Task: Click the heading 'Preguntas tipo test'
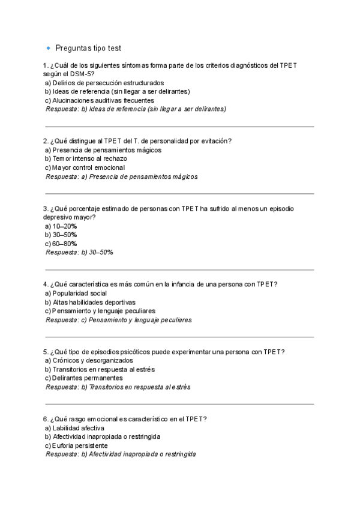[x=88, y=48]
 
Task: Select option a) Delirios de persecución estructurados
[x=104, y=83]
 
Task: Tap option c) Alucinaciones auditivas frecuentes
[x=100, y=100]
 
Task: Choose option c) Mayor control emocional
[x=85, y=167]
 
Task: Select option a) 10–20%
[x=61, y=226]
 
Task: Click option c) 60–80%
[x=61, y=244]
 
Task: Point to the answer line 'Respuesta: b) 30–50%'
[x=79, y=253]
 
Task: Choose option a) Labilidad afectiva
[x=75, y=428]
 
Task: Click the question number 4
[x=45, y=284]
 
